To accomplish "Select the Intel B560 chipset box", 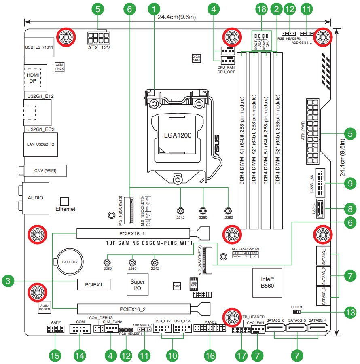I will coord(267,282).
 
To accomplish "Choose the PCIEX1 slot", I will coord(94,284).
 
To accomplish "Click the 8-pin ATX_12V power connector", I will coord(99,38).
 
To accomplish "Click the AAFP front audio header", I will coord(55,330).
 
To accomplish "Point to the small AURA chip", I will coord(176,286).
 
